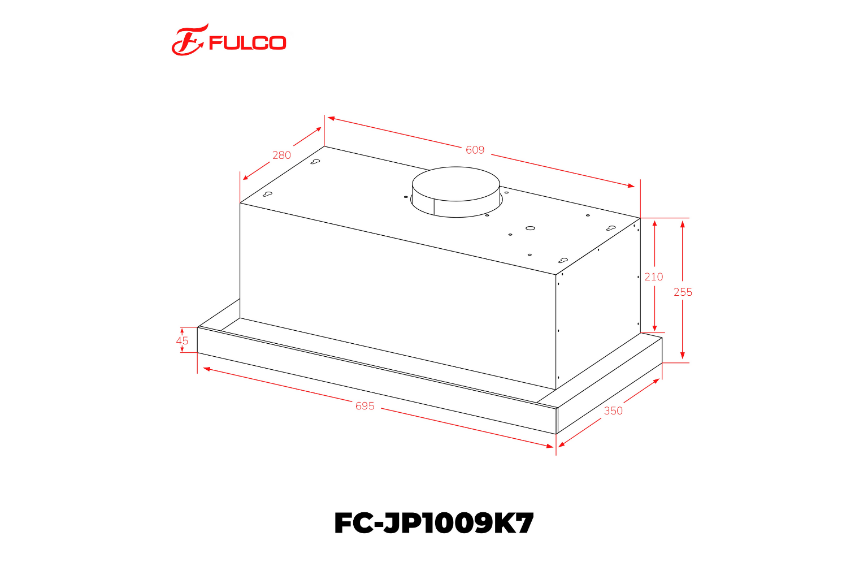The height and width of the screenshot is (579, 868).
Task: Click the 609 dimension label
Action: (475, 150)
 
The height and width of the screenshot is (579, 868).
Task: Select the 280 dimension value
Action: (281, 155)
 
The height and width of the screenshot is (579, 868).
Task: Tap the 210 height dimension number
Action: (654, 276)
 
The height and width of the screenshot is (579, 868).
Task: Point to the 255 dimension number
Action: (683, 292)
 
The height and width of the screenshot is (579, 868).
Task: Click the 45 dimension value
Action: (182, 340)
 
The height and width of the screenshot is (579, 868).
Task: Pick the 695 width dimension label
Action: (365, 406)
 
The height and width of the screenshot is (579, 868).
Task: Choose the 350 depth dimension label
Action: (613, 411)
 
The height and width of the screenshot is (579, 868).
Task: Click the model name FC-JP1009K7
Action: (433, 523)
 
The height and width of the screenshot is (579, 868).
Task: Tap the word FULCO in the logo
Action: (248, 43)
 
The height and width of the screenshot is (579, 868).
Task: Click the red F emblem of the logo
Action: (188, 41)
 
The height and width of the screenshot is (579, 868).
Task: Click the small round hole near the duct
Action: (530, 228)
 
